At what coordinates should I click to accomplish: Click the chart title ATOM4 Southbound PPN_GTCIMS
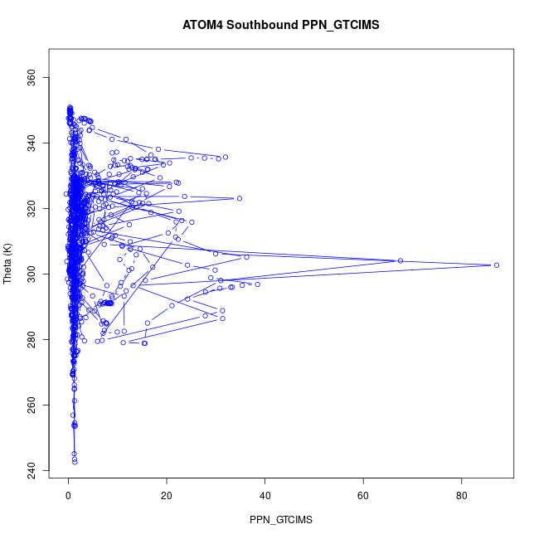point(280,26)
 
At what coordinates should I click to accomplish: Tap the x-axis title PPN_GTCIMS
point(280,520)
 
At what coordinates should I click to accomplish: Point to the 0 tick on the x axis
point(69,496)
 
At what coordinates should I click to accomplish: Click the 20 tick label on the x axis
point(167,496)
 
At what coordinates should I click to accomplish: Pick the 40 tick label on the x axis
point(265,496)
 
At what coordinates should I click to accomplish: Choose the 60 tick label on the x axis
point(363,496)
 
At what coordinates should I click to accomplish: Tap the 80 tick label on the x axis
point(462,496)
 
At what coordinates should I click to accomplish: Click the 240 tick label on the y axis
point(33,470)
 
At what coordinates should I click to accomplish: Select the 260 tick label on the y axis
point(33,405)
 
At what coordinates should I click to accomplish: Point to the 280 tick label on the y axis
point(33,339)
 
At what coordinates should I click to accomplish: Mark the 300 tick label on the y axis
point(33,274)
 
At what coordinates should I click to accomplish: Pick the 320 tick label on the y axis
point(33,209)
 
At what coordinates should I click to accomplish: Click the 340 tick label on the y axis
point(33,143)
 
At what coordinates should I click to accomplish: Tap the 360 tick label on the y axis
point(33,78)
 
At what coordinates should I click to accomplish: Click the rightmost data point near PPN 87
point(496,265)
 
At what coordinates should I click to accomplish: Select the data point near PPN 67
point(401,260)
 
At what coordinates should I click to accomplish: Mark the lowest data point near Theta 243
point(75,461)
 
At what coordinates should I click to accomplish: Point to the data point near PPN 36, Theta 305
point(246,257)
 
